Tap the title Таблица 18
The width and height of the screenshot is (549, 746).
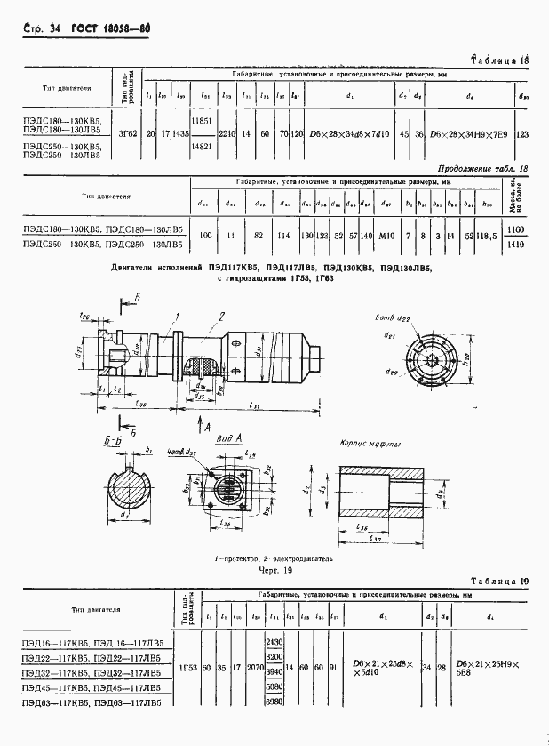[x=499, y=60]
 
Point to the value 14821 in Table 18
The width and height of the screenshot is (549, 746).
[x=203, y=147]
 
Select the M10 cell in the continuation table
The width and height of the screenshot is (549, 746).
[x=387, y=236]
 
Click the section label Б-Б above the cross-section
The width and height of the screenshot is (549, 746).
[x=112, y=439]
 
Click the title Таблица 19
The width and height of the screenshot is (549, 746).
[x=499, y=582]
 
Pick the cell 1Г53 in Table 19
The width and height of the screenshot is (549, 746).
[x=187, y=665]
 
